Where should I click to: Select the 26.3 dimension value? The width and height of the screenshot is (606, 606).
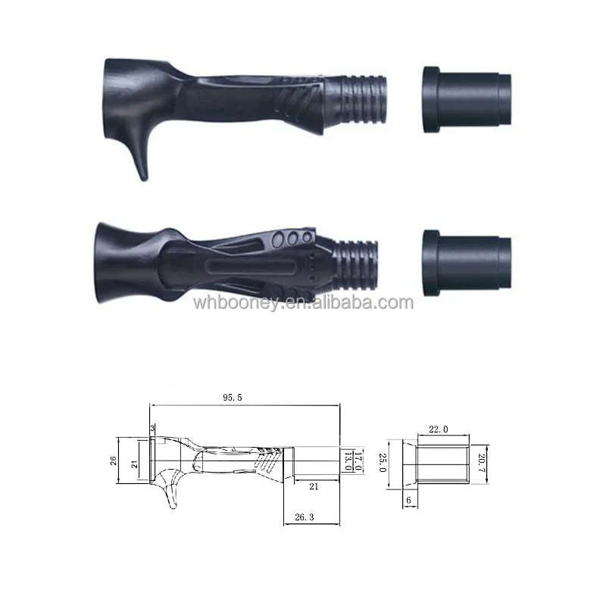click(x=304, y=518)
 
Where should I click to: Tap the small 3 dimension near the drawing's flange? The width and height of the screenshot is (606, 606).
click(x=152, y=430)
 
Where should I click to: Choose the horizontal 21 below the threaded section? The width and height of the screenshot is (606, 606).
click(x=313, y=487)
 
